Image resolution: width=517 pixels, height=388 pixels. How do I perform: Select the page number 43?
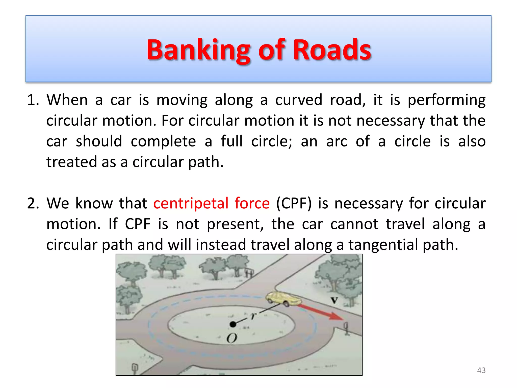pos(481,370)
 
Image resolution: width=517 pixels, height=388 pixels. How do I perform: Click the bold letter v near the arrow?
pos(334,300)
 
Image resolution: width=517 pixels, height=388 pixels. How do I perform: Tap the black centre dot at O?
pos(233,324)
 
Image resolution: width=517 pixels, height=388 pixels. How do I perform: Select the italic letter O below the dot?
pos(232,338)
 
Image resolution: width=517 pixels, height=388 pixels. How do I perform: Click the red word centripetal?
pos(191,203)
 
